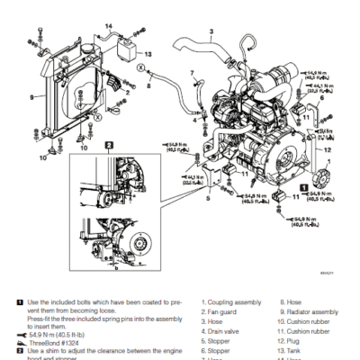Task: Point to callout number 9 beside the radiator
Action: tap(32, 96)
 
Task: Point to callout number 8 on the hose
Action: tap(148, 86)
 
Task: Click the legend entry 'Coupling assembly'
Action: tap(236, 302)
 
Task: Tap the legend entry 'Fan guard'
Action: tap(225, 311)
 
